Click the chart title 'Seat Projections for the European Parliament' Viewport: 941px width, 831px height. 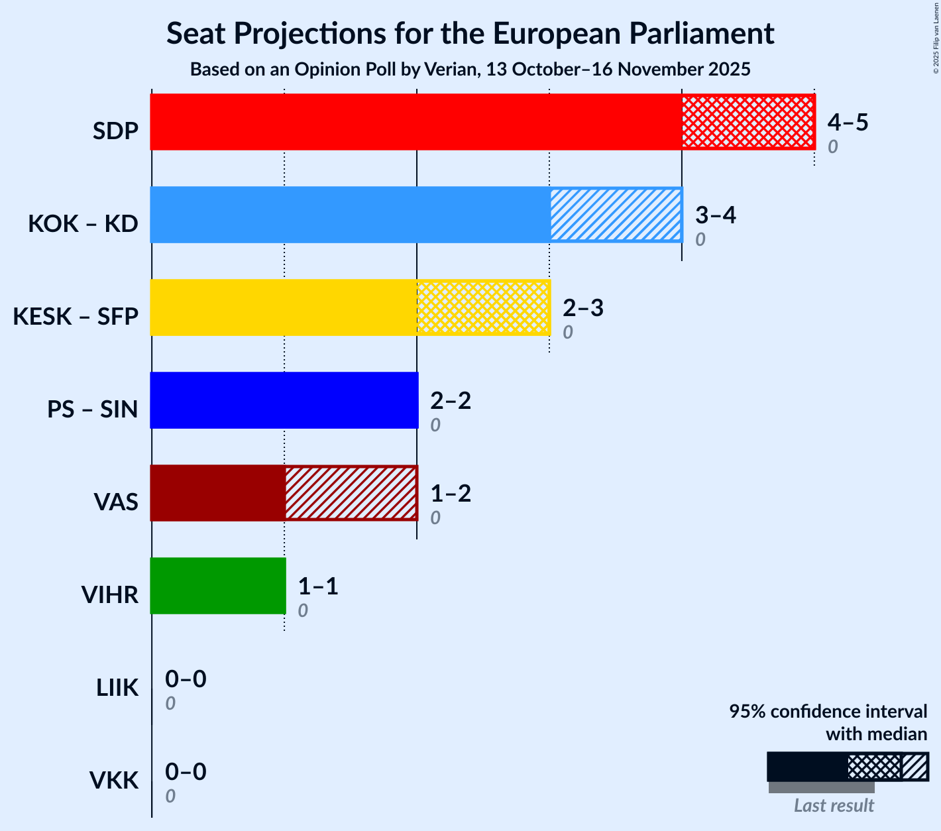[470, 33]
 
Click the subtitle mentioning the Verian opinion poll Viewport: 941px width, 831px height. [470, 70]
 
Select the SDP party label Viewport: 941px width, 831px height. [115, 131]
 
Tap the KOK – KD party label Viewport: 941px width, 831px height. [83, 224]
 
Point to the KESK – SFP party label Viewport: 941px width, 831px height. [76, 317]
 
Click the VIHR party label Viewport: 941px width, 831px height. [109, 595]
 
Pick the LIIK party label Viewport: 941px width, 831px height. [117, 688]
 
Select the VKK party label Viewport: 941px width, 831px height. [114, 781]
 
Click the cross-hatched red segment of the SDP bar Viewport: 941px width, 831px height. [747, 122]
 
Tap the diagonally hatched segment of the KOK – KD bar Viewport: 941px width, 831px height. [616, 215]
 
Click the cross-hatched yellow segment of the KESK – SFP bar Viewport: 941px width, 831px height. [483, 307]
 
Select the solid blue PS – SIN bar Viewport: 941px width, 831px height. [284, 400]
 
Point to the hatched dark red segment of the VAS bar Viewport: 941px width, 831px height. [351, 493]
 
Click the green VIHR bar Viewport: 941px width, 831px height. [218, 586]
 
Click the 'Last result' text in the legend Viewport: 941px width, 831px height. [834, 805]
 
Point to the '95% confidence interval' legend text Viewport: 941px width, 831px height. [828, 712]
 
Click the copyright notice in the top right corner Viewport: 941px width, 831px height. [936, 37]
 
